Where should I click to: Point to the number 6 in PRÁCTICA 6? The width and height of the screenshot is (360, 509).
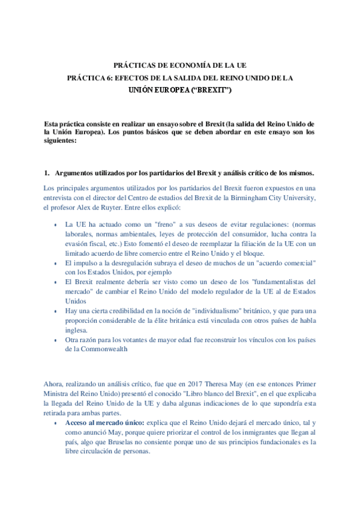pyautogui.click(x=107, y=78)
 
